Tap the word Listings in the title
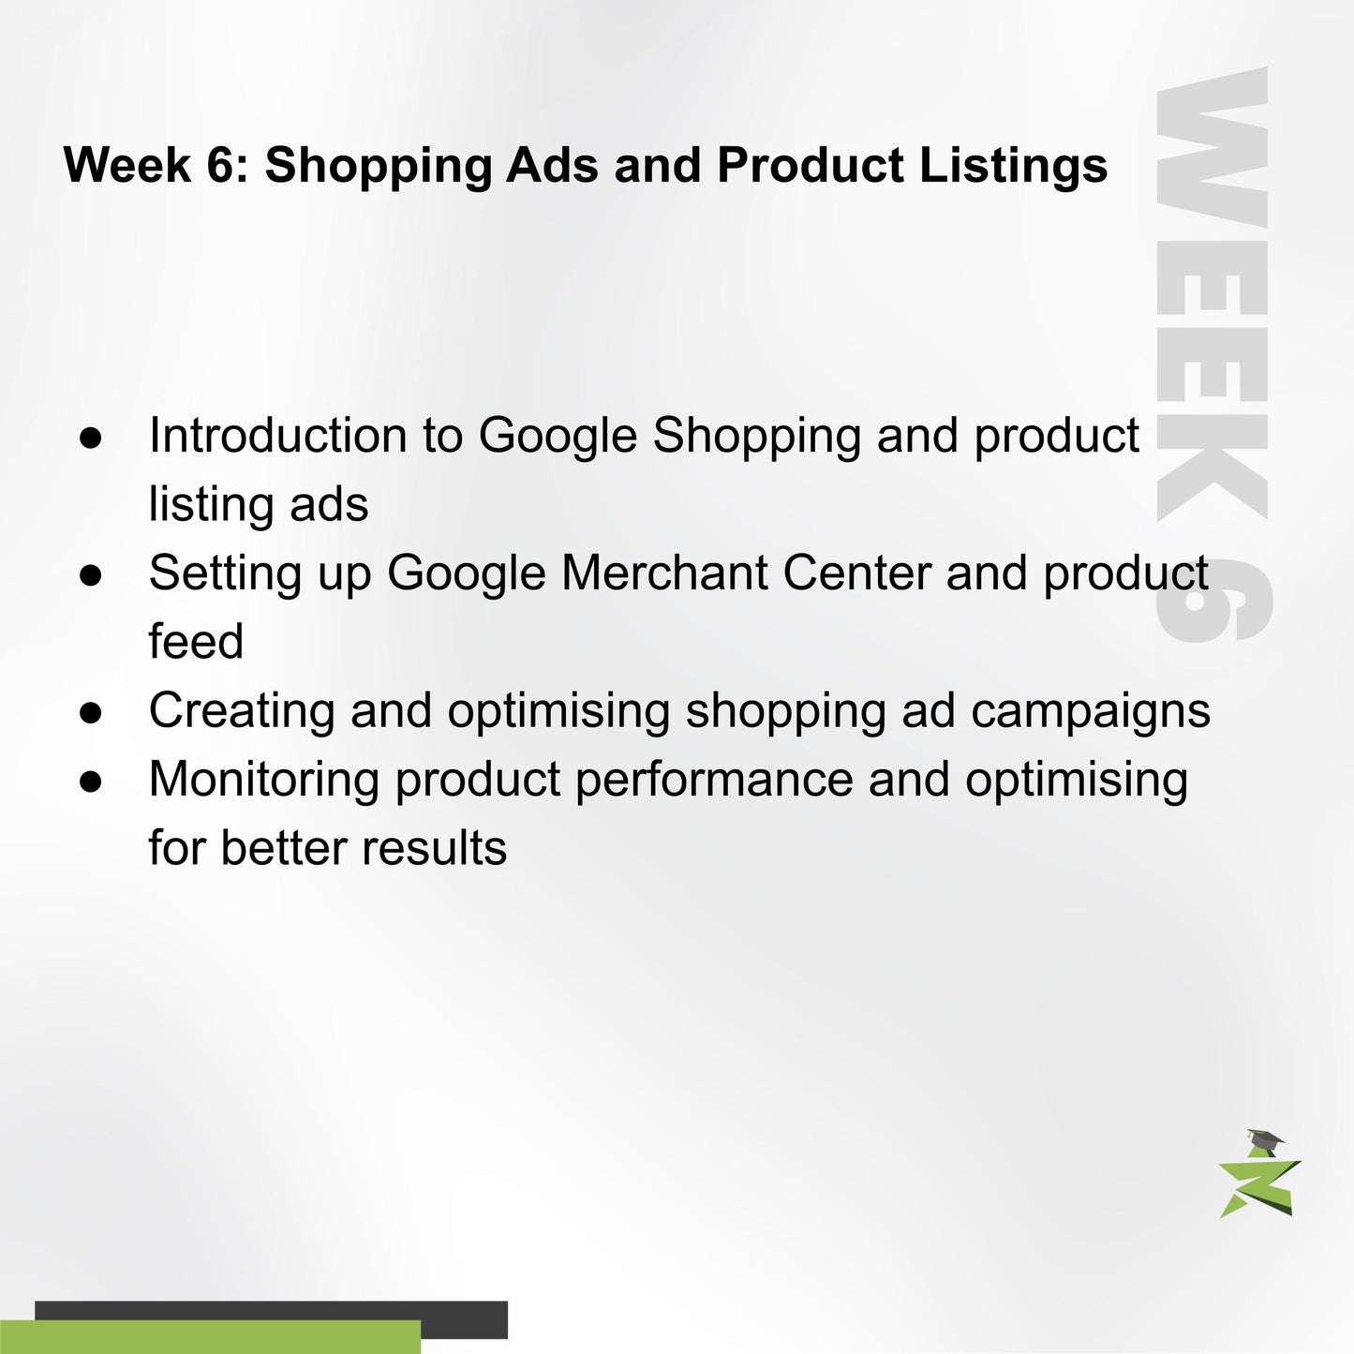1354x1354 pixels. pyautogui.click(x=1013, y=166)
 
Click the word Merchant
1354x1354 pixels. pyautogui.click(x=664, y=573)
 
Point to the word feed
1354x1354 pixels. pyautogui.click(x=196, y=642)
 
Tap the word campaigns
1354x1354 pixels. pyautogui.click(x=1090, y=710)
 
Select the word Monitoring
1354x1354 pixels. pyautogui.click(x=263, y=780)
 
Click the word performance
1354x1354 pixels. pyautogui.click(x=713, y=780)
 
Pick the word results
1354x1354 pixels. pyautogui.click(x=434, y=848)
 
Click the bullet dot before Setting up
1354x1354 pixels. pyautogui.click(x=91, y=574)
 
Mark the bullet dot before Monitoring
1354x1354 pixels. pyautogui.click(x=91, y=781)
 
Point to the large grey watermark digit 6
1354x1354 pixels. pyautogui.click(x=1213, y=603)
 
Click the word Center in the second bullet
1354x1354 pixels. pyautogui.click(x=856, y=573)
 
